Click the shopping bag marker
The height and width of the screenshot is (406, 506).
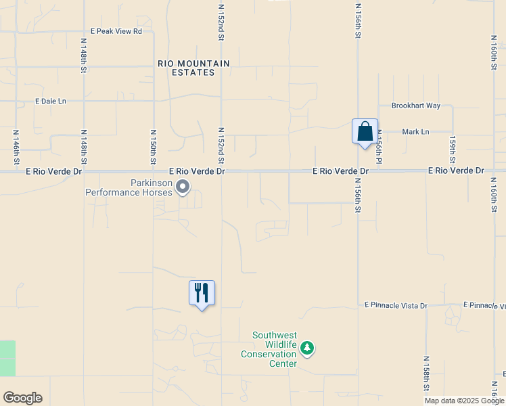click(x=365, y=131)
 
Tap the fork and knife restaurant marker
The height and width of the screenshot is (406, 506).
click(x=202, y=293)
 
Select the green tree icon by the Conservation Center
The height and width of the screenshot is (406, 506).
click(x=308, y=348)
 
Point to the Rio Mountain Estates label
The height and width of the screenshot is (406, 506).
click(x=193, y=68)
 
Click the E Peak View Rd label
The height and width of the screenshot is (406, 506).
click(x=116, y=31)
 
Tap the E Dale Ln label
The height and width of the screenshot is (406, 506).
click(x=51, y=101)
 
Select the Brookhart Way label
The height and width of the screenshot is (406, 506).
click(x=415, y=106)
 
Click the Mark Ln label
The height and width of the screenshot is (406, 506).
click(x=415, y=132)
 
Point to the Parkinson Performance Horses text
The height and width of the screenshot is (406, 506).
click(x=129, y=187)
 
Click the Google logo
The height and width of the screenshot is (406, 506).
click(x=22, y=398)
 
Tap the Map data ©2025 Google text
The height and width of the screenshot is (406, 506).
click(x=464, y=401)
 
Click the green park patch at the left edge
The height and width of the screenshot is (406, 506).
click(x=7, y=358)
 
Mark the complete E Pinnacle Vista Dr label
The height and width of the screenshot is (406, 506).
click(x=396, y=306)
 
